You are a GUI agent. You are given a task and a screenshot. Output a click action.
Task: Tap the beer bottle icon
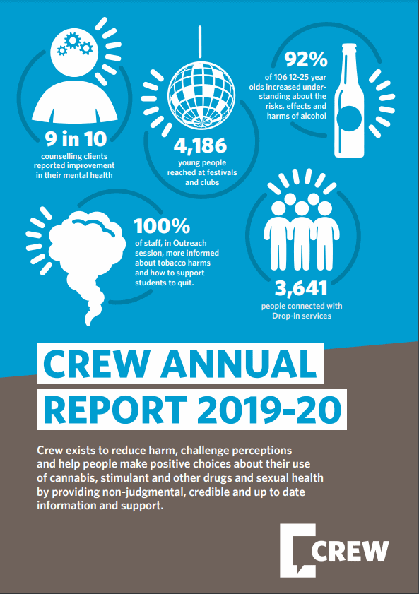coord(349,100)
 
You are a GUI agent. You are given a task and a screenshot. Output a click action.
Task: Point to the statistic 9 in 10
coord(76,139)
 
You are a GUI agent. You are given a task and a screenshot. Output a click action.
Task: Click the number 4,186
coord(201,145)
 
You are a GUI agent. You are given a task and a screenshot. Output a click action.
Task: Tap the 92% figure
coord(306,59)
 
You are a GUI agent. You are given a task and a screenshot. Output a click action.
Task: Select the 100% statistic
coord(162,226)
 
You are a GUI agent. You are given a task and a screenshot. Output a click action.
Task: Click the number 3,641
coord(301,289)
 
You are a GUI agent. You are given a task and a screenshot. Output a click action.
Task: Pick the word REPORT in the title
coord(116,410)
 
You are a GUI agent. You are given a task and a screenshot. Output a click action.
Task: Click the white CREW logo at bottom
coord(334,550)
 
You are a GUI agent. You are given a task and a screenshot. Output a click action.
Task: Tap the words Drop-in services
coord(302,316)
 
